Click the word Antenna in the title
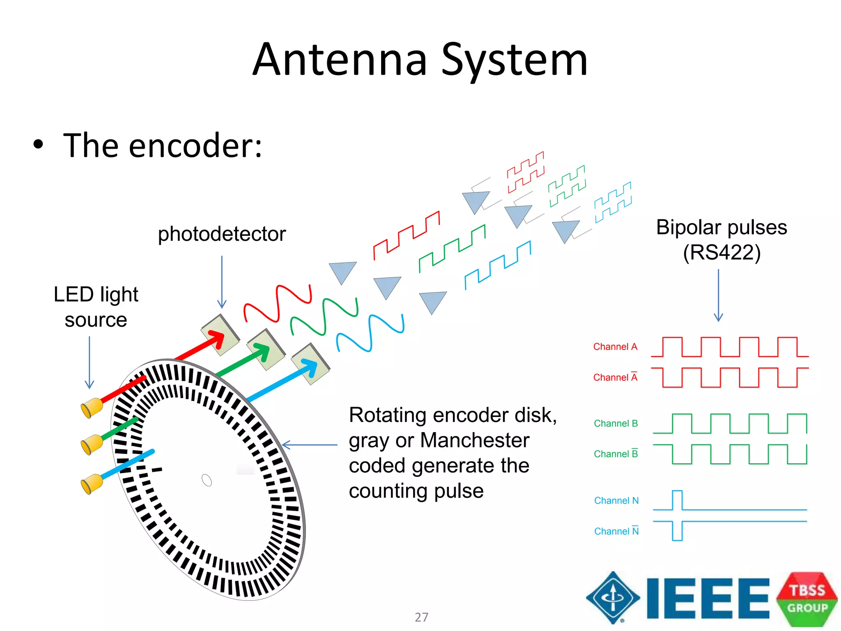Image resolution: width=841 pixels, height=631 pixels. [340, 60]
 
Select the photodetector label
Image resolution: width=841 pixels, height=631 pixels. [222, 234]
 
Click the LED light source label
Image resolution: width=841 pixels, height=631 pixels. [96, 307]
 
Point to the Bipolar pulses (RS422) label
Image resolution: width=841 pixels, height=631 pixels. [722, 240]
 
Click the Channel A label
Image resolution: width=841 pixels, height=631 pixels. [615, 347]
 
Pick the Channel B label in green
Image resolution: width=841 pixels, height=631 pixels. [616, 424]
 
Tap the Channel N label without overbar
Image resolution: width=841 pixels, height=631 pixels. [616, 500]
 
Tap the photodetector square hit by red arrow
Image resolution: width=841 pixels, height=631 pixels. [220, 335]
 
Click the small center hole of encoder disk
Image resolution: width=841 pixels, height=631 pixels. [207, 480]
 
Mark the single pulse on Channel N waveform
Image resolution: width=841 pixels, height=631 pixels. [677, 500]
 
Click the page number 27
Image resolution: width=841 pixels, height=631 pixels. [421, 617]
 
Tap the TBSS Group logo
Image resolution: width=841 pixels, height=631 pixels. [807, 599]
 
